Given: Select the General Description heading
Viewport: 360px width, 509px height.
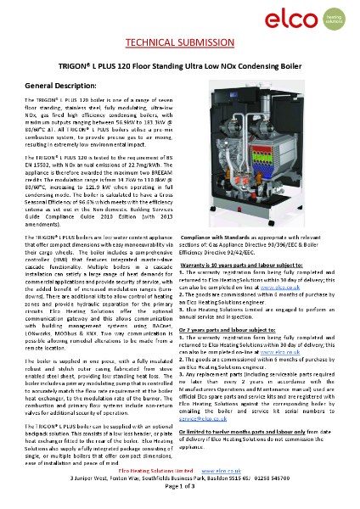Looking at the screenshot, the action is coord(67,87).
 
